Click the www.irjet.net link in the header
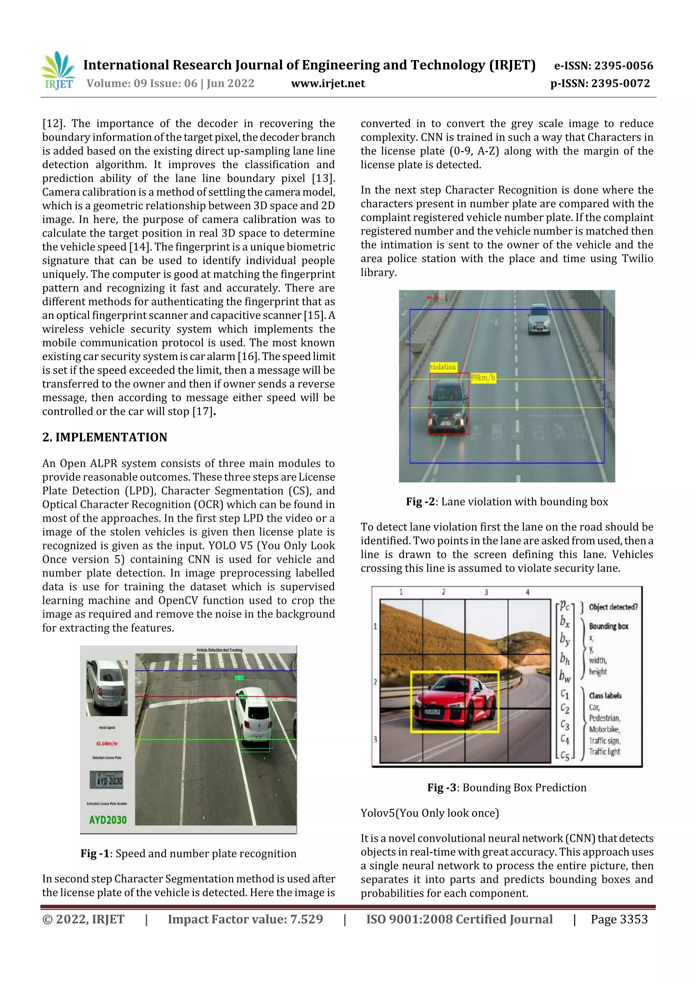tap(328, 84)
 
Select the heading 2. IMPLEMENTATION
tap(105, 437)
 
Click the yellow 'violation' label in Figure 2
tap(443, 367)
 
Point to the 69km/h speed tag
tap(483, 378)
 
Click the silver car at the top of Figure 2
tap(539, 319)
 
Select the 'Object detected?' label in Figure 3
tap(613, 607)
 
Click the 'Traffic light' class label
tap(604, 752)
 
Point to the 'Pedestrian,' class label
tap(604, 718)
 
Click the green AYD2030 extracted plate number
tap(108, 820)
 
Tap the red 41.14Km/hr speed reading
tap(107, 744)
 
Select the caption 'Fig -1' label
tap(94, 854)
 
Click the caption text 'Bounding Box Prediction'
tap(524, 788)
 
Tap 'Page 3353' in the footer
tap(619, 919)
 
